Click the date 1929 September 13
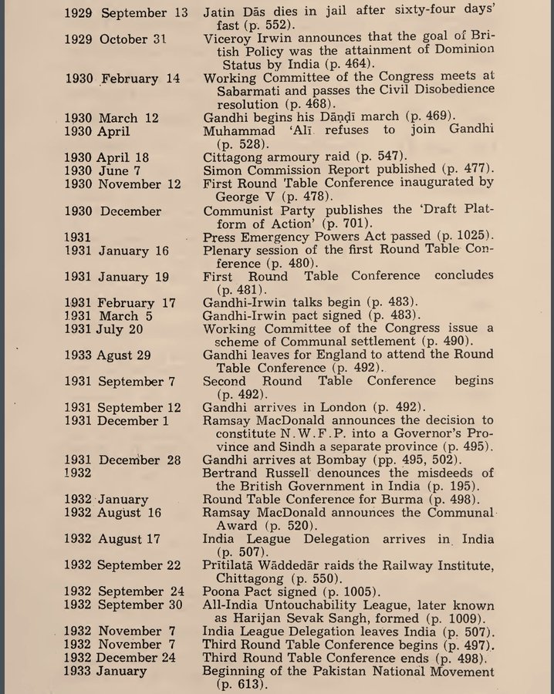(x=125, y=13)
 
